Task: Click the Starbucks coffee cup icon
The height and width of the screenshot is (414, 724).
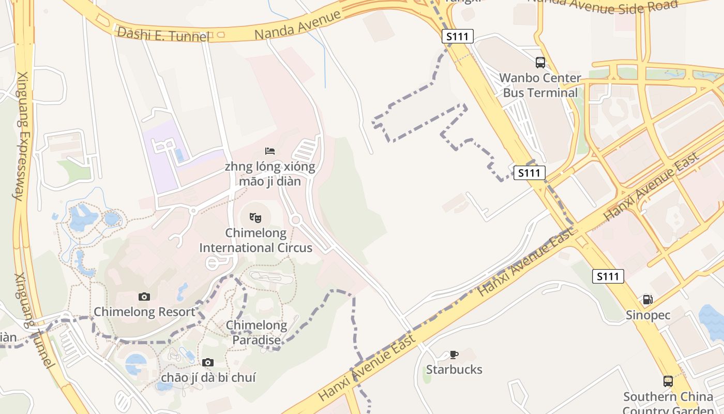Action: click(x=454, y=354)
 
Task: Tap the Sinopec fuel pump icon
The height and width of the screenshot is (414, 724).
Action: click(x=647, y=300)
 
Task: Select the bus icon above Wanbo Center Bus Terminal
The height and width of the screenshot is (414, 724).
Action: click(x=540, y=63)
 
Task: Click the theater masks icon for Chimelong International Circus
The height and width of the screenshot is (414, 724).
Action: click(x=255, y=218)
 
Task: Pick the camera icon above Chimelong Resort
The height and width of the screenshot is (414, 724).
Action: click(x=144, y=297)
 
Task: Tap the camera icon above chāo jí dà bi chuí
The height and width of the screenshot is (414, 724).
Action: click(x=208, y=362)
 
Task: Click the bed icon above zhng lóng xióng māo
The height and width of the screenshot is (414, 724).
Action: click(x=270, y=151)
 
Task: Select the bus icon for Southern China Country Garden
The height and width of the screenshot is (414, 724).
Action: click(x=668, y=381)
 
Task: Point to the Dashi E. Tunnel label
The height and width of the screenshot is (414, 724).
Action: click(x=163, y=34)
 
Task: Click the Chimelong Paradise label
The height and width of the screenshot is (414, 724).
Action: click(x=257, y=332)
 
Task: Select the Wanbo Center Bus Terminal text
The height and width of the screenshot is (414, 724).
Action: click(x=540, y=85)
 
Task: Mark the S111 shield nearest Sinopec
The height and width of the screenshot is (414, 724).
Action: click(x=608, y=276)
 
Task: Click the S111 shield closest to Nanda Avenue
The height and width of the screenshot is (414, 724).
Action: click(x=458, y=36)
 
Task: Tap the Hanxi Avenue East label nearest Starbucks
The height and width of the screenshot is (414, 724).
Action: click(x=367, y=367)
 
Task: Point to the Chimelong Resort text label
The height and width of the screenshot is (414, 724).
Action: click(x=144, y=312)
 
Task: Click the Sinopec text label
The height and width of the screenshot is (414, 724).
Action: click(x=648, y=315)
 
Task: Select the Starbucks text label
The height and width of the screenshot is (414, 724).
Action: click(x=454, y=369)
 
